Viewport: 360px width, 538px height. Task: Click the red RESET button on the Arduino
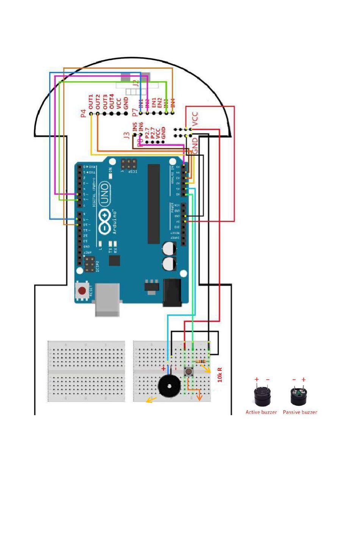click(x=82, y=291)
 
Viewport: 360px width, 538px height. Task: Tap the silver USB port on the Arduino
click(x=107, y=300)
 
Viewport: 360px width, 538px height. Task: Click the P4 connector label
click(x=84, y=113)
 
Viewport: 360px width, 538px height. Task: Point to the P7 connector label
click(x=135, y=113)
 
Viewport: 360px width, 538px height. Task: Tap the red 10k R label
click(x=220, y=375)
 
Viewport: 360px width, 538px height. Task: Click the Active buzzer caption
click(x=261, y=412)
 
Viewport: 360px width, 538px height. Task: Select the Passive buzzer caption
click(x=300, y=412)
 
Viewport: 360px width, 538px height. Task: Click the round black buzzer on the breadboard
click(x=169, y=386)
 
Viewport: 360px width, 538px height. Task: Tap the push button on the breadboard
click(x=189, y=372)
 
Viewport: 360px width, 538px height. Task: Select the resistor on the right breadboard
click(x=200, y=361)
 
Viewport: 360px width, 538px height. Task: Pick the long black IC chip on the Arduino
click(x=154, y=204)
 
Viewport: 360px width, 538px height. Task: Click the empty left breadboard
click(x=86, y=371)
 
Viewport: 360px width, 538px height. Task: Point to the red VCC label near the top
click(x=195, y=119)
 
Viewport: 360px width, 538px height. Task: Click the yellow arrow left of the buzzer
click(x=151, y=400)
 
